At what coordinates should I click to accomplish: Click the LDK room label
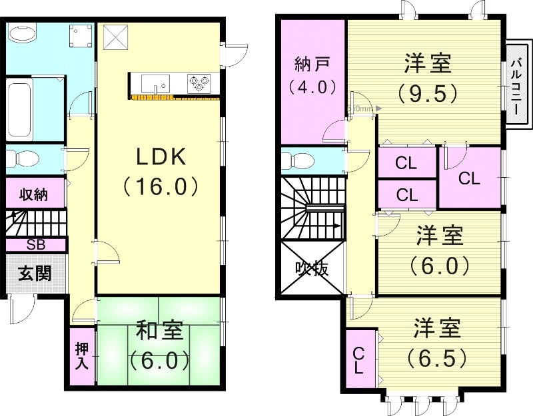161,157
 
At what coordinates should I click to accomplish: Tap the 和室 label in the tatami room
160,331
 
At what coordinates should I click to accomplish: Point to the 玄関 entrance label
35,274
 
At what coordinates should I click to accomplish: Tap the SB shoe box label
35,244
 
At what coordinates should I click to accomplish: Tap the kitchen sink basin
156,85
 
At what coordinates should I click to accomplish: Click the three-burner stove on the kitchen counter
198,83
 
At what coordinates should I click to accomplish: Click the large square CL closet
469,178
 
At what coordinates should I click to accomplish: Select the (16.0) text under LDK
161,186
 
